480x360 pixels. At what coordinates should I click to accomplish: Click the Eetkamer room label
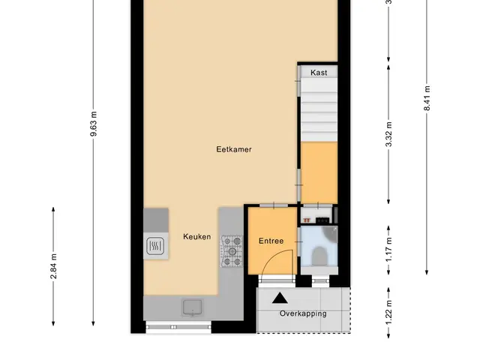(x=234, y=149)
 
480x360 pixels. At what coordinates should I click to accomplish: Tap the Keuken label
(x=196, y=237)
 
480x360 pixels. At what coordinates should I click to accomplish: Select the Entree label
(x=271, y=241)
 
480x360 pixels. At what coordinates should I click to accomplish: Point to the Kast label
(x=319, y=73)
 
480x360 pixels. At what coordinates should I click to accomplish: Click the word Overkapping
(x=303, y=313)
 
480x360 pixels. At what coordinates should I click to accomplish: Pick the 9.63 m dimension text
(x=94, y=124)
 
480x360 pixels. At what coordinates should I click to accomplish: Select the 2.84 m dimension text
(x=53, y=266)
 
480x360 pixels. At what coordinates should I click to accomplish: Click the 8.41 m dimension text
(x=427, y=98)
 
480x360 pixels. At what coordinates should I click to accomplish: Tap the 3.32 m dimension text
(x=388, y=134)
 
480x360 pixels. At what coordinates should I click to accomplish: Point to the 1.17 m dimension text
(x=388, y=250)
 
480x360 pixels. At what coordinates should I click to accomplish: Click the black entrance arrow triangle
(x=280, y=298)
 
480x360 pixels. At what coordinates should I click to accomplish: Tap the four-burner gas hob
(x=232, y=251)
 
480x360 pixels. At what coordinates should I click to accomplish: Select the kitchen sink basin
(x=192, y=307)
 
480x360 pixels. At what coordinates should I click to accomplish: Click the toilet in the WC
(x=319, y=256)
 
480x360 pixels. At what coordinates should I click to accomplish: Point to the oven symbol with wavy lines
(x=155, y=246)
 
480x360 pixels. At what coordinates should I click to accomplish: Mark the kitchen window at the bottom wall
(x=178, y=327)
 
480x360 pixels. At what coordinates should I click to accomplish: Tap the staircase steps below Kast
(x=319, y=109)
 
